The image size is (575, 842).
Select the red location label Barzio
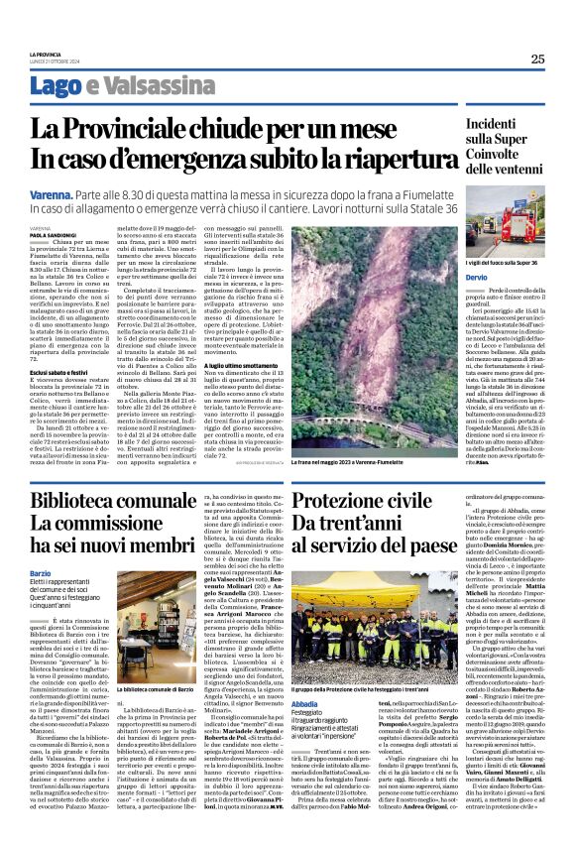pos(41,574)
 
